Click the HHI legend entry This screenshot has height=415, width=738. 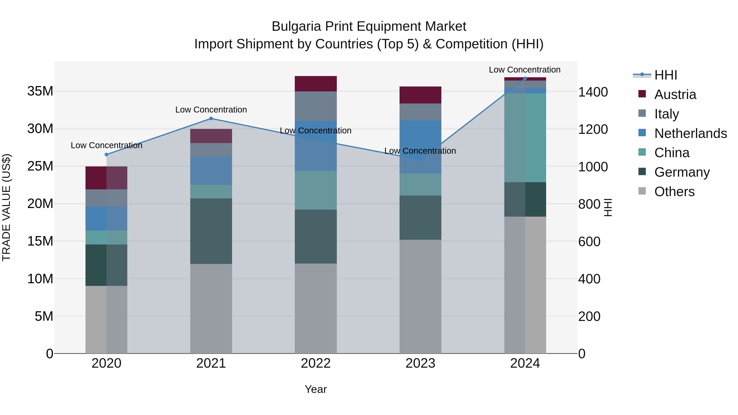click(x=665, y=75)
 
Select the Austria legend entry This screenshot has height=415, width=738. click(x=675, y=94)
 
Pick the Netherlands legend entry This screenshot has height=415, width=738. click(x=690, y=133)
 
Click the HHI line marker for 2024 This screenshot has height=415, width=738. click(x=525, y=78)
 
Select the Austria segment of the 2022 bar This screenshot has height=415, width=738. click(x=315, y=84)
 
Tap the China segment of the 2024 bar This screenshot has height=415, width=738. click(x=525, y=138)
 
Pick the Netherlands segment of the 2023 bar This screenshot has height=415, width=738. click(x=420, y=147)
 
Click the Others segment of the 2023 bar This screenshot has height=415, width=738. click(x=420, y=296)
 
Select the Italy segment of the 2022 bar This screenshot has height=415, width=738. click(x=315, y=106)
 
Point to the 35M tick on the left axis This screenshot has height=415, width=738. click(x=40, y=91)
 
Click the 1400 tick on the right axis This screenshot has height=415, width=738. click(x=592, y=92)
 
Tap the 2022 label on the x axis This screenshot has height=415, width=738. click(x=315, y=363)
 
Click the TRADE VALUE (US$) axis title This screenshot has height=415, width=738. click(x=6, y=207)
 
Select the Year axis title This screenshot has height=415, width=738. click(x=315, y=389)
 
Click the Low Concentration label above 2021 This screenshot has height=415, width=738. click(x=211, y=110)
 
